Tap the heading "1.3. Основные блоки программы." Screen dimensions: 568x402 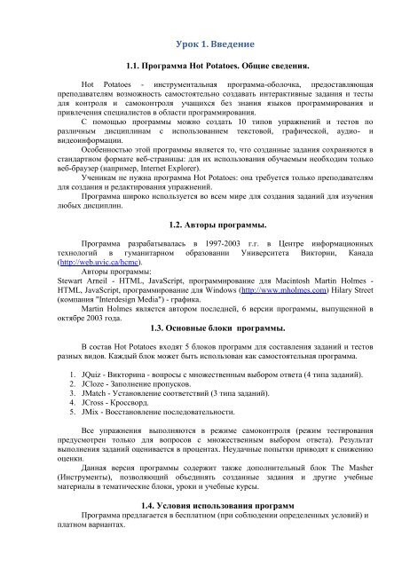(201, 328)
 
